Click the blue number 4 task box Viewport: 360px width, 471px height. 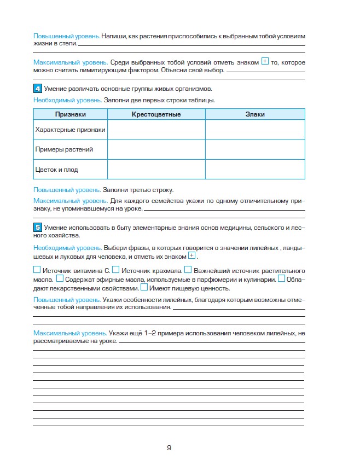[37, 89]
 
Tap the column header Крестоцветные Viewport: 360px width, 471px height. [156, 114]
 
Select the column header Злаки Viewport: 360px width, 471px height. [255, 114]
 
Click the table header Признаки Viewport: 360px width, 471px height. [70, 114]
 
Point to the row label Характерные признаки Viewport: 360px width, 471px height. [70, 130]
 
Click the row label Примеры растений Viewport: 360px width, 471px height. [64, 149]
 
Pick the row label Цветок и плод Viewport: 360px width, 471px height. [56, 170]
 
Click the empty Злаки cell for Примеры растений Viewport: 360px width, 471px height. [255, 149]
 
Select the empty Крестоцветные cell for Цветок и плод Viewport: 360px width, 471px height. [156, 170]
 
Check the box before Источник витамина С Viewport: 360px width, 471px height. [37, 270]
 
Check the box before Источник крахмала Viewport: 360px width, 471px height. [115, 270]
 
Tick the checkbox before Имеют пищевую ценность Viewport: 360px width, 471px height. [144, 287]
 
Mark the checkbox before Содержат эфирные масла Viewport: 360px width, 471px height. [60, 278]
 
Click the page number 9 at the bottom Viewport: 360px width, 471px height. [169, 448]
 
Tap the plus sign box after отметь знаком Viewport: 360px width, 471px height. [265, 62]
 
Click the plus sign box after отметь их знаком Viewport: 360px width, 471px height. [191, 256]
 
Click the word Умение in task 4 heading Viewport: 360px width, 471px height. [55, 89]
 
